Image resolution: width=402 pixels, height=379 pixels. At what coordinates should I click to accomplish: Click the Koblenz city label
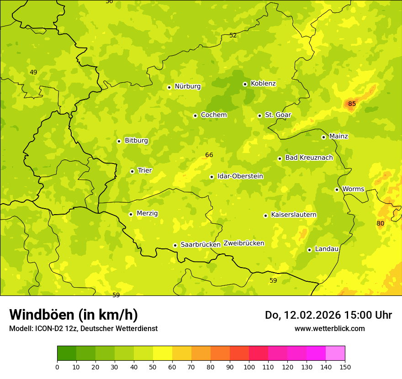coord(263,84)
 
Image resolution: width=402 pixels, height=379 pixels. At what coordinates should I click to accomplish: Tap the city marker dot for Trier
coord(132,171)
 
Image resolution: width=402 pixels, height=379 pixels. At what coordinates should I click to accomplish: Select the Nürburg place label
coord(187,86)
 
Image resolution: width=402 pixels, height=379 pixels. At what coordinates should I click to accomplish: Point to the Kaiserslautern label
coord(293,215)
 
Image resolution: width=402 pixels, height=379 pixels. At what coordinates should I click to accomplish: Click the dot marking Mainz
coord(323,137)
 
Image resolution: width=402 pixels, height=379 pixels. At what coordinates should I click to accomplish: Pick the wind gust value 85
coord(352,104)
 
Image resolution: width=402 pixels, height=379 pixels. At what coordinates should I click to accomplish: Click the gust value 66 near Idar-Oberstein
coord(209,155)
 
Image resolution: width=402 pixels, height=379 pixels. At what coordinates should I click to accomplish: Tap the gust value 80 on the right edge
coord(380,223)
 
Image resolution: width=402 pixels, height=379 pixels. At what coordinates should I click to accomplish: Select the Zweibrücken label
coord(243,243)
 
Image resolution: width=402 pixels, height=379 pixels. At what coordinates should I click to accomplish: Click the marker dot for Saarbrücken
coord(175,245)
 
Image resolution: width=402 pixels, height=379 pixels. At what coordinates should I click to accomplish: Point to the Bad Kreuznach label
coord(309,158)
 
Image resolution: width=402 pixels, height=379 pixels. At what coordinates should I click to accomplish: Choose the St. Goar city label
coord(278,115)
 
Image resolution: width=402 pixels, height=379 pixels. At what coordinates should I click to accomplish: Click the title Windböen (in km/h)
coord(74,315)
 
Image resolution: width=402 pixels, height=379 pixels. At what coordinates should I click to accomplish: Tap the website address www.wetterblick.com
coord(329,328)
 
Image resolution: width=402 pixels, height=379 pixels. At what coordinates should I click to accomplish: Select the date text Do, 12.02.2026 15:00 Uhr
coord(328,315)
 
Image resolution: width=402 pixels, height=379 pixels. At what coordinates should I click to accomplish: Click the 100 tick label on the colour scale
coord(249,367)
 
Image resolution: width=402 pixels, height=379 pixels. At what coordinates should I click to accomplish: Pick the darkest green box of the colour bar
coord(67,353)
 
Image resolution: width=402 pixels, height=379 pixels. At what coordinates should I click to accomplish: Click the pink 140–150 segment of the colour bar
coord(335,353)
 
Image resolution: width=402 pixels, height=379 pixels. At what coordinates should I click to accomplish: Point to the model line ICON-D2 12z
coord(83,328)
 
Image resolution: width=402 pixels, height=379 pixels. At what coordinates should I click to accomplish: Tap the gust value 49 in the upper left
coord(33,72)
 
